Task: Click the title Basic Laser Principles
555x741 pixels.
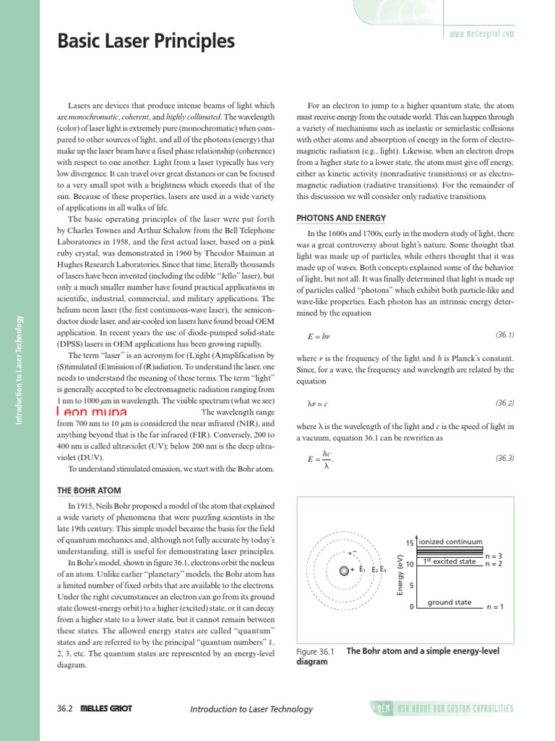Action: tap(146, 42)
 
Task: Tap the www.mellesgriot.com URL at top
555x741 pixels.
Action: tap(481, 33)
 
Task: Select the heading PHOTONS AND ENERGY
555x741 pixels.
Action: tap(341, 218)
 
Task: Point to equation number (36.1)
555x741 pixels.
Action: tap(504, 335)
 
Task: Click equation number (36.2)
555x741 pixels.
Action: tap(504, 402)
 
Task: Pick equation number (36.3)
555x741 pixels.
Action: tap(504, 458)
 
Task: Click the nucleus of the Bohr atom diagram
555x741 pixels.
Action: tap(344, 570)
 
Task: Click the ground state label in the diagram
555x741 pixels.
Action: tap(449, 602)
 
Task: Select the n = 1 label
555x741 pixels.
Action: tap(494, 607)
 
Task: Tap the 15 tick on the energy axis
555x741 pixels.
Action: tap(409, 543)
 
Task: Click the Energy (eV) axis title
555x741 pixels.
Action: tap(399, 576)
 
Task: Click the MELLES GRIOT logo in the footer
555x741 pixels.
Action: tap(106, 709)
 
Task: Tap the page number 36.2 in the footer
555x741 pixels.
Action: tap(65, 709)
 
